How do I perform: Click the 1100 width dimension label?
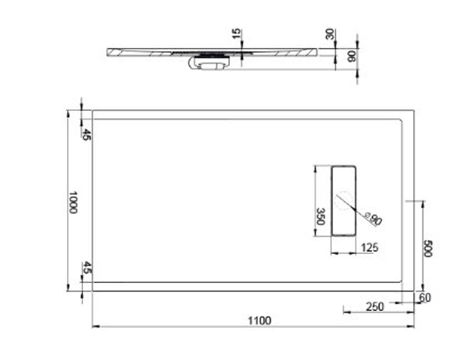(259, 321)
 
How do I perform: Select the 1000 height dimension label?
(73, 202)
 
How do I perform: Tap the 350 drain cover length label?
(321, 216)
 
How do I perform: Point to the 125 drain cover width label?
(370, 248)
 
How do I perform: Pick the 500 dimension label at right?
(428, 248)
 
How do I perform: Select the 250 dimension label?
(375, 306)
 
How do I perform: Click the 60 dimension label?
(425, 298)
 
